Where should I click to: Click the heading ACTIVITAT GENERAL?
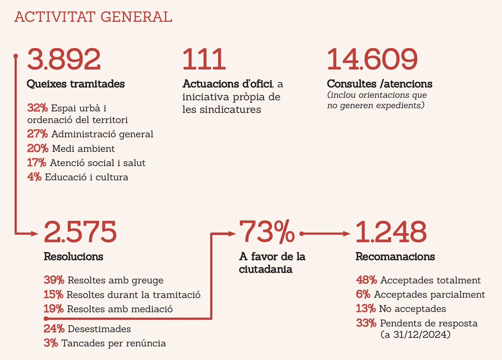93,17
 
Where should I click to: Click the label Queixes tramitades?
76,84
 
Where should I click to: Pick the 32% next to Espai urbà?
38,108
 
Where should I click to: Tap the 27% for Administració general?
38,134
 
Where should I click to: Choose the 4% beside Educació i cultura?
35,177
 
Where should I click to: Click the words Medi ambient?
83,148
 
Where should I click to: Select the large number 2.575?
80,232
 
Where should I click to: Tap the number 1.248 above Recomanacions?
391,232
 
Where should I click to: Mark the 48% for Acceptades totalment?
366,280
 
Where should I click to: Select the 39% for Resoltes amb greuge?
54,280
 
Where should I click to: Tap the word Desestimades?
99,329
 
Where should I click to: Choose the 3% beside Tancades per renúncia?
51,343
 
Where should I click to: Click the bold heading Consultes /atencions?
379,84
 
